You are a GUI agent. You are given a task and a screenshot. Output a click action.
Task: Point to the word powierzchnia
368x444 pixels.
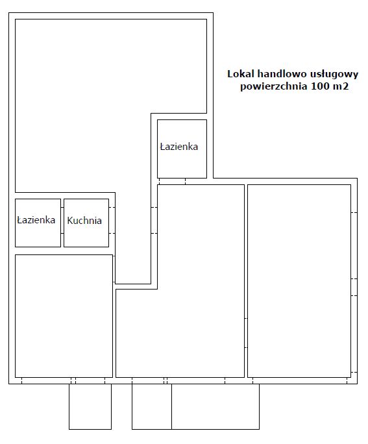(x=273, y=86)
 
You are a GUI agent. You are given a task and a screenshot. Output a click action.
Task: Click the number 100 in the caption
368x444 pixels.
(x=320, y=86)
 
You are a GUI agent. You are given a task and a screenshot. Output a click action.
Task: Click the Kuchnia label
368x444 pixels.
(x=84, y=220)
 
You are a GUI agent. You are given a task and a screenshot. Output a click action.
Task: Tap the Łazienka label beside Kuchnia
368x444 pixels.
(x=36, y=220)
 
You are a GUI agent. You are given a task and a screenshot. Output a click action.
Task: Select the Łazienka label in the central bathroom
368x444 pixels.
(x=179, y=147)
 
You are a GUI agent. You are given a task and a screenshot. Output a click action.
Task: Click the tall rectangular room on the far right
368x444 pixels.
(x=299, y=281)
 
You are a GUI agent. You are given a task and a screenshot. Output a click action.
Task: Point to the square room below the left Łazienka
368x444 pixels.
(x=64, y=316)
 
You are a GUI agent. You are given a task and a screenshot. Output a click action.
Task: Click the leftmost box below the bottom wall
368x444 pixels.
(x=90, y=406)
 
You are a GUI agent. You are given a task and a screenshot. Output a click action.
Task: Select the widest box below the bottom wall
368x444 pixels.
(x=215, y=406)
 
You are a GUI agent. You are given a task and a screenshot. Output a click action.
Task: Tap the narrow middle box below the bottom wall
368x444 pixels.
(x=152, y=406)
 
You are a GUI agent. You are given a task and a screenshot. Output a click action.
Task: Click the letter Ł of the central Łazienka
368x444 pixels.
(x=162, y=147)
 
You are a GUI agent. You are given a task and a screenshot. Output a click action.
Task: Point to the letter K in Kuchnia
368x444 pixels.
(x=70, y=220)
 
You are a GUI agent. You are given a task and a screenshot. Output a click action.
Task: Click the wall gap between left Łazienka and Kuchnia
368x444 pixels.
(x=62, y=221)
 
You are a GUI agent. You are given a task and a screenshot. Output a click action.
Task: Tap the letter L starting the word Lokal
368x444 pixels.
(x=230, y=74)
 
